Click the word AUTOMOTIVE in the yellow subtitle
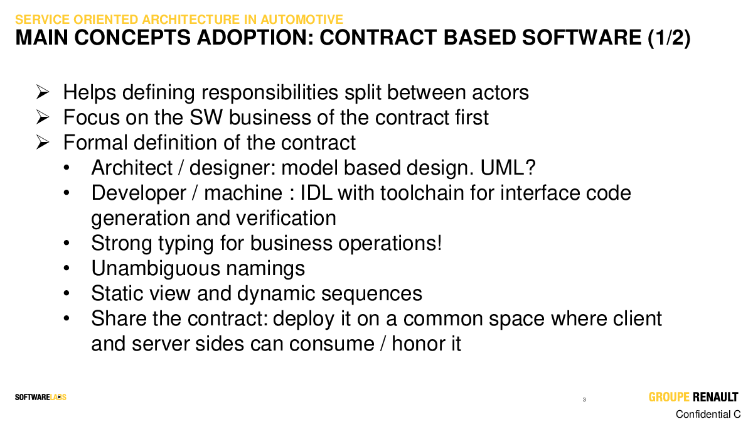[x=302, y=19]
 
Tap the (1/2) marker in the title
[x=669, y=38]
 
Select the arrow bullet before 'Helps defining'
[x=43, y=92]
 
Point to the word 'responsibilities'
[x=270, y=92]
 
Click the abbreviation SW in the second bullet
[x=206, y=117]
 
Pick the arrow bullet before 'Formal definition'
[x=43, y=143]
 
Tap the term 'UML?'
[x=508, y=168]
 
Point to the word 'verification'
[x=286, y=218]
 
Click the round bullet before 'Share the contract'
[x=67, y=318]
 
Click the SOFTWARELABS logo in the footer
[x=41, y=398]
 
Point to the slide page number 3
[x=584, y=400]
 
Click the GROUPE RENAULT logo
[x=693, y=397]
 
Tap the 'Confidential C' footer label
[x=708, y=414]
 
